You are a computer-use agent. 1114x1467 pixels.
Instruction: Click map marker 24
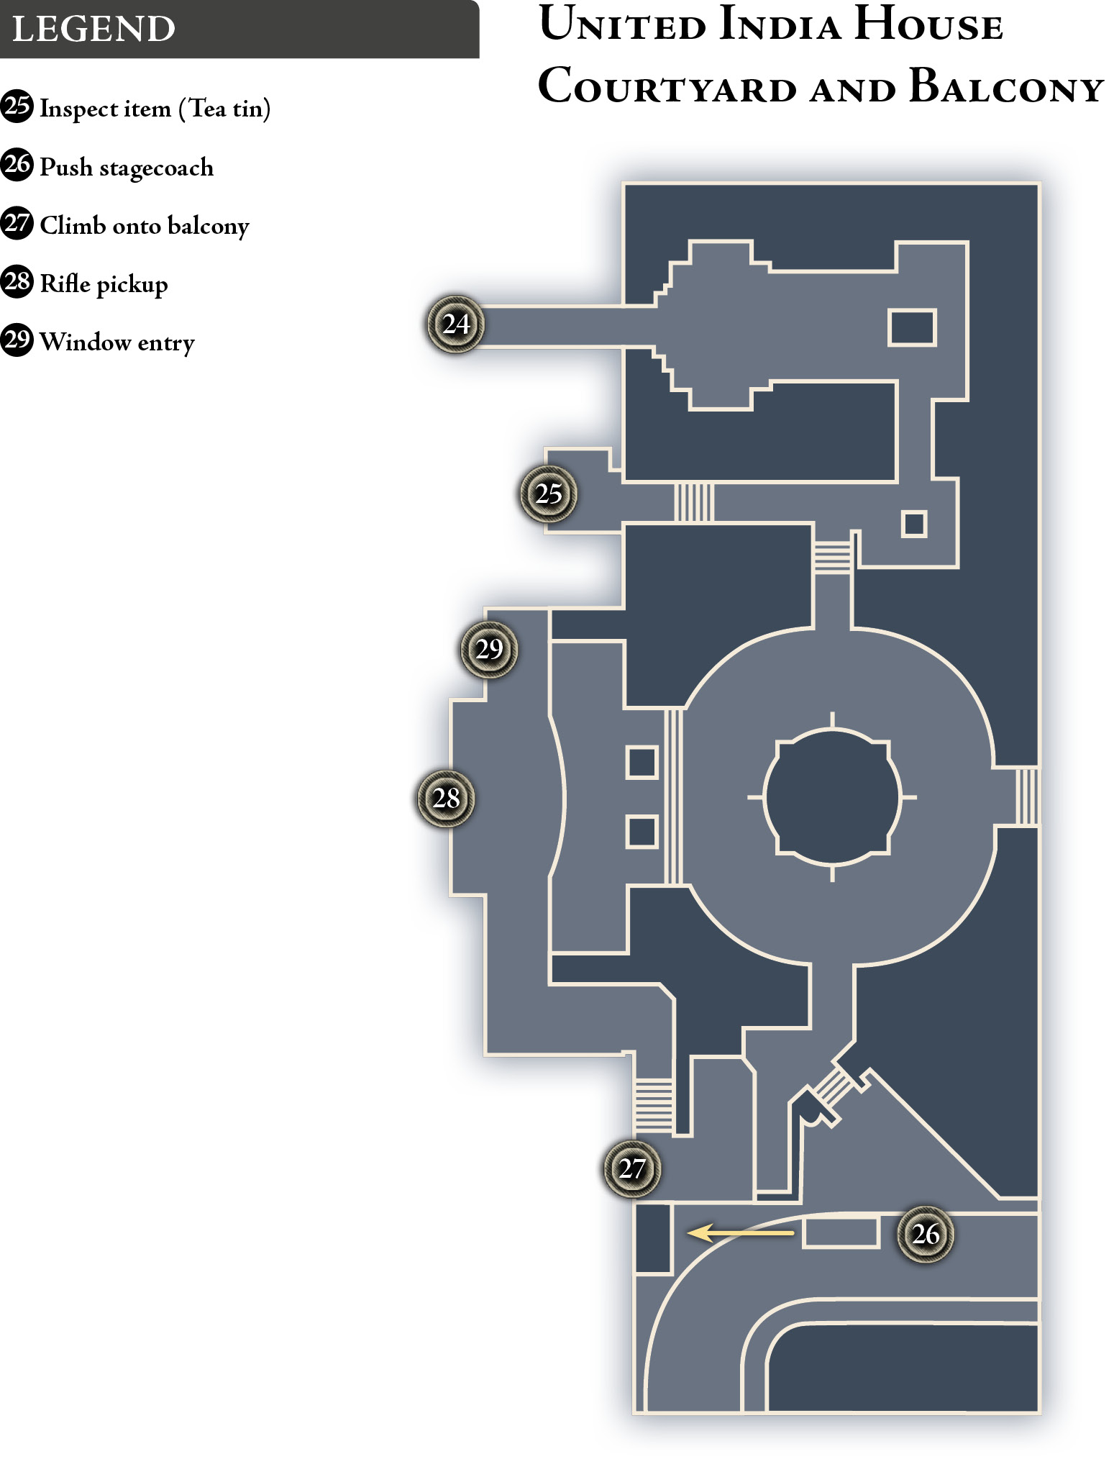[x=456, y=324]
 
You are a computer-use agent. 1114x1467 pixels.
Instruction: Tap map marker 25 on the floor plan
[x=548, y=494]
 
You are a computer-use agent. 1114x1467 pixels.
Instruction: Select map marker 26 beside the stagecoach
[x=926, y=1234]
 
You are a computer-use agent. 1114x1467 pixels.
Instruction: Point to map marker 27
[x=631, y=1168]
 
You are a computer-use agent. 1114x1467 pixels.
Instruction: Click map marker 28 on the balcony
[x=446, y=798]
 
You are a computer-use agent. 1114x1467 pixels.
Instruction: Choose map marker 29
[x=488, y=649]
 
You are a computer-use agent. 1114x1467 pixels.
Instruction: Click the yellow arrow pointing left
[x=741, y=1233]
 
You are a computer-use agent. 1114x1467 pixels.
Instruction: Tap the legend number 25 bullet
[x=17, y=106]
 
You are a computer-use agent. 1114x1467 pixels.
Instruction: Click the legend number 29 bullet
[x=17, y=340]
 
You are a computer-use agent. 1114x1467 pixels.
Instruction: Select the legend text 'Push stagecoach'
[x=127, y=168]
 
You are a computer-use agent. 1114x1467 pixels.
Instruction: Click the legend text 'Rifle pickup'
[x=104, y=284]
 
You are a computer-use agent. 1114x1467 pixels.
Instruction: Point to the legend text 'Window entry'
[x=117, y=342]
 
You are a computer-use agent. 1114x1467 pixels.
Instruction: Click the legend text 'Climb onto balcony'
[x=145, y=226]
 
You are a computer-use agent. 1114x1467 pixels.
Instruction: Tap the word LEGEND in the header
[x=94, y=29]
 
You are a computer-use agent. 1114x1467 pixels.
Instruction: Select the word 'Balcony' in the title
[x=1006, y=86]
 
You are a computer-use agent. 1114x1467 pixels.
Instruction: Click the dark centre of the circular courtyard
[x=832, y=797]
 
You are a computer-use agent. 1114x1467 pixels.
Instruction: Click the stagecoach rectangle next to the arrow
[x=841, y=1232]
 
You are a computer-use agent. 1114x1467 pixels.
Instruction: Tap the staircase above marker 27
[x=654, y=1106]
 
